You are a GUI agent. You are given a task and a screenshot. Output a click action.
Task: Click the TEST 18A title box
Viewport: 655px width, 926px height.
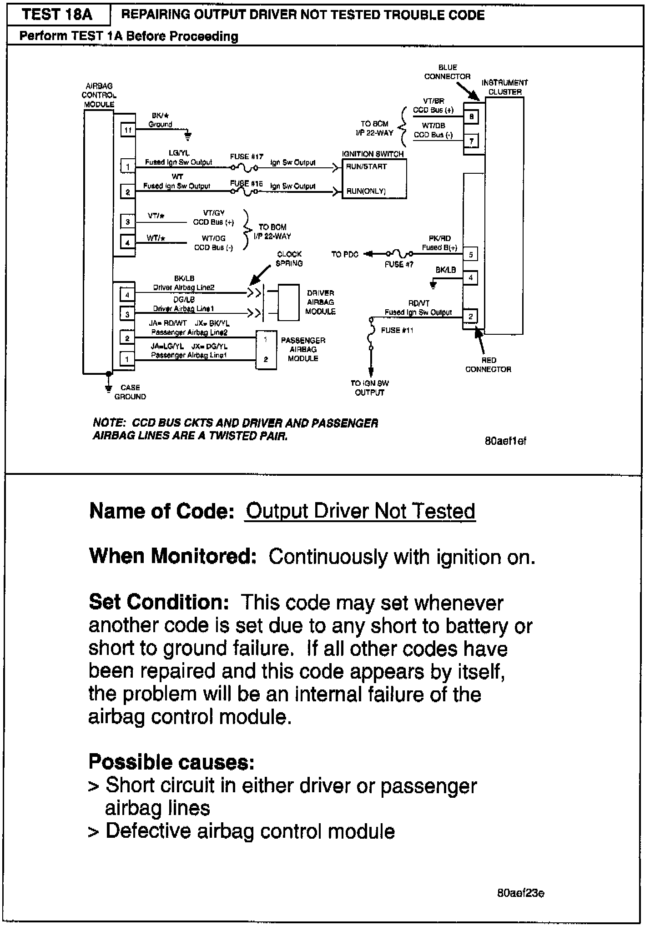click(x=57, y=15)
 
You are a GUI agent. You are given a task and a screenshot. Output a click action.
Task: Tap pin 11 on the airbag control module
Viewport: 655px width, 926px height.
click(x=128, y=130)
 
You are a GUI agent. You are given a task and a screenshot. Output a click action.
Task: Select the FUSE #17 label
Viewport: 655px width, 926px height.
click(x=247, y=156)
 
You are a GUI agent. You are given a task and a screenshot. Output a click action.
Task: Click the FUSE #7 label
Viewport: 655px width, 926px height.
click(x=399, y=264)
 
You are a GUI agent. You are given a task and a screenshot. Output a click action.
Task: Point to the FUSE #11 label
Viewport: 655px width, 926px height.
click(x=397, y=330)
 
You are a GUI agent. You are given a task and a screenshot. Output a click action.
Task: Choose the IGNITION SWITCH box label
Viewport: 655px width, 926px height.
click(x=373, y=154)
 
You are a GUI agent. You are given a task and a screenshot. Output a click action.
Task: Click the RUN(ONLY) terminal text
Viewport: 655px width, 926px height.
click(x=366, y=191)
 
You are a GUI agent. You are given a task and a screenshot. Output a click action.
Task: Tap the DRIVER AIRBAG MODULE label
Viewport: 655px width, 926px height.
click(x=320, y=302)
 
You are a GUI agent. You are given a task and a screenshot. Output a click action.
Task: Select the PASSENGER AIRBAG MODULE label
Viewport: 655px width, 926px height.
click(x=303, y=349)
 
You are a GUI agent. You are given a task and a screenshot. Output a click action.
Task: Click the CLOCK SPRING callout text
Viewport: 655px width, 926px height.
click(x=289, y=259)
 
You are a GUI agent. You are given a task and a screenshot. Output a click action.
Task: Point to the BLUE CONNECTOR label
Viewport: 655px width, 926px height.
click(x=448, y=72)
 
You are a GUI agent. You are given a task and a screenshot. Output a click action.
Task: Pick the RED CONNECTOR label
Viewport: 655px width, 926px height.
click(x=488, y=365)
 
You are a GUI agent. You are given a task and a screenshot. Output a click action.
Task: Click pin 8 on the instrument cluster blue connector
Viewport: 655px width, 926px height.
click(x=471, y=116)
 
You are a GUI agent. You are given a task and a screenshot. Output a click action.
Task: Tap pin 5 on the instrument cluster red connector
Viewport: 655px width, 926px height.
click(x=471, y=255)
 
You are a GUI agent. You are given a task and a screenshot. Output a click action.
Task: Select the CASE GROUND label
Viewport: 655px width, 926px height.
click(x=130, y=392)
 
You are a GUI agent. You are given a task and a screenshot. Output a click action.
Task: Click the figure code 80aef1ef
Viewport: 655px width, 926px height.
click(x=505, y=441)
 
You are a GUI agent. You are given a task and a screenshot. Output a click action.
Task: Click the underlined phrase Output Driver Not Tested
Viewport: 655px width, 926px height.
click(x=360, y=511)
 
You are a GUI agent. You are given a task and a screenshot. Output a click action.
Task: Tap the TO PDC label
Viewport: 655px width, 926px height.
click(x=345, y=254)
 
